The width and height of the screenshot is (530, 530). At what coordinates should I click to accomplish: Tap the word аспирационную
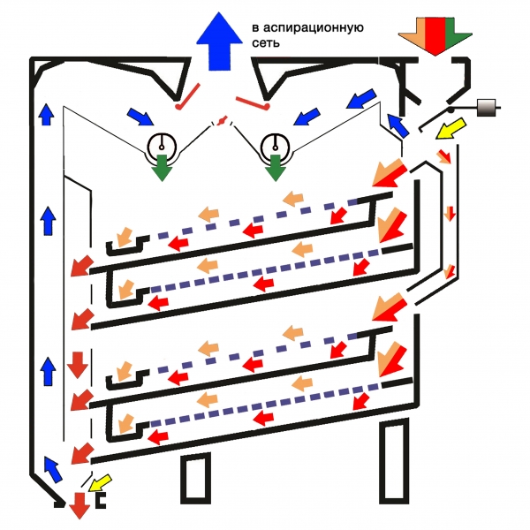point(319,27)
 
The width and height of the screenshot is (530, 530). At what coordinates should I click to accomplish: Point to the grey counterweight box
point(488,109)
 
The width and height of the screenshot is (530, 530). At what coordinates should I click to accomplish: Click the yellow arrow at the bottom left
point(99,482)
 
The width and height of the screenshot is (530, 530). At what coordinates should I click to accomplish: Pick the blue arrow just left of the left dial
point(139,116)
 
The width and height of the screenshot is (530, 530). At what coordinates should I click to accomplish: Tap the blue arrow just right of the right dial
point(304,116)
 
